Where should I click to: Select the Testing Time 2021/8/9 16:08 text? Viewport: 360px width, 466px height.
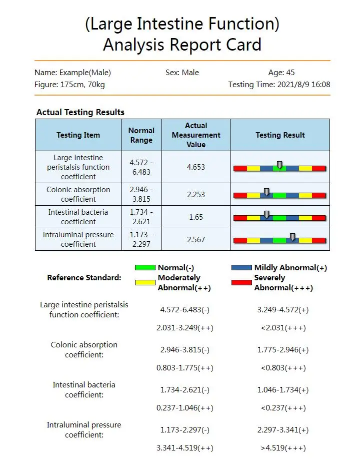pos(279,85)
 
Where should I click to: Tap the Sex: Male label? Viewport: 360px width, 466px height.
pos(182,73)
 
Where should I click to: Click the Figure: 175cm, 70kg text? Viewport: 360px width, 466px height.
pos(69,85)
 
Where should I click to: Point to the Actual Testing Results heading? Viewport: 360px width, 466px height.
pos(80,112)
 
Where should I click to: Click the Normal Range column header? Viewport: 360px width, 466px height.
pos(141,135)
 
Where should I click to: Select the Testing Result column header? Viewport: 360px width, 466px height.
pos(280,135)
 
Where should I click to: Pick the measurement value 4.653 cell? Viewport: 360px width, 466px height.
pos(196,167)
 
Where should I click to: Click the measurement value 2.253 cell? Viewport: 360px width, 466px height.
pos(196,194)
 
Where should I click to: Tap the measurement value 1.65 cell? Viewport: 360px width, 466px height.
pos(196,217)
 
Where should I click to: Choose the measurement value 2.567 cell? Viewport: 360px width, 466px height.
pos(196,239)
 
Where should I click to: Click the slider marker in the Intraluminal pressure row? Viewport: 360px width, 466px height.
pos(292,237)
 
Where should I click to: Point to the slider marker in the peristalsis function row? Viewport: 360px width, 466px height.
pos(279,165)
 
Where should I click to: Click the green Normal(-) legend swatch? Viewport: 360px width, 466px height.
pos(145,268)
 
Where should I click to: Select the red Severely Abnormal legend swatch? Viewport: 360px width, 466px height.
pos(241,282)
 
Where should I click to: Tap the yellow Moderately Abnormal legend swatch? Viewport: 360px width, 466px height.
pos(145,282)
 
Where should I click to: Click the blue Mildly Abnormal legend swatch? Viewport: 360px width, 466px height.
pos(241,268)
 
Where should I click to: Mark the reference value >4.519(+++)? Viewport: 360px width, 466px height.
pos(283,448)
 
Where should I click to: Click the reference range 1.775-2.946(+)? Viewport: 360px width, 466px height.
pos(283,350)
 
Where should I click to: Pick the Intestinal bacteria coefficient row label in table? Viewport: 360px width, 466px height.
pos(78,217)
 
